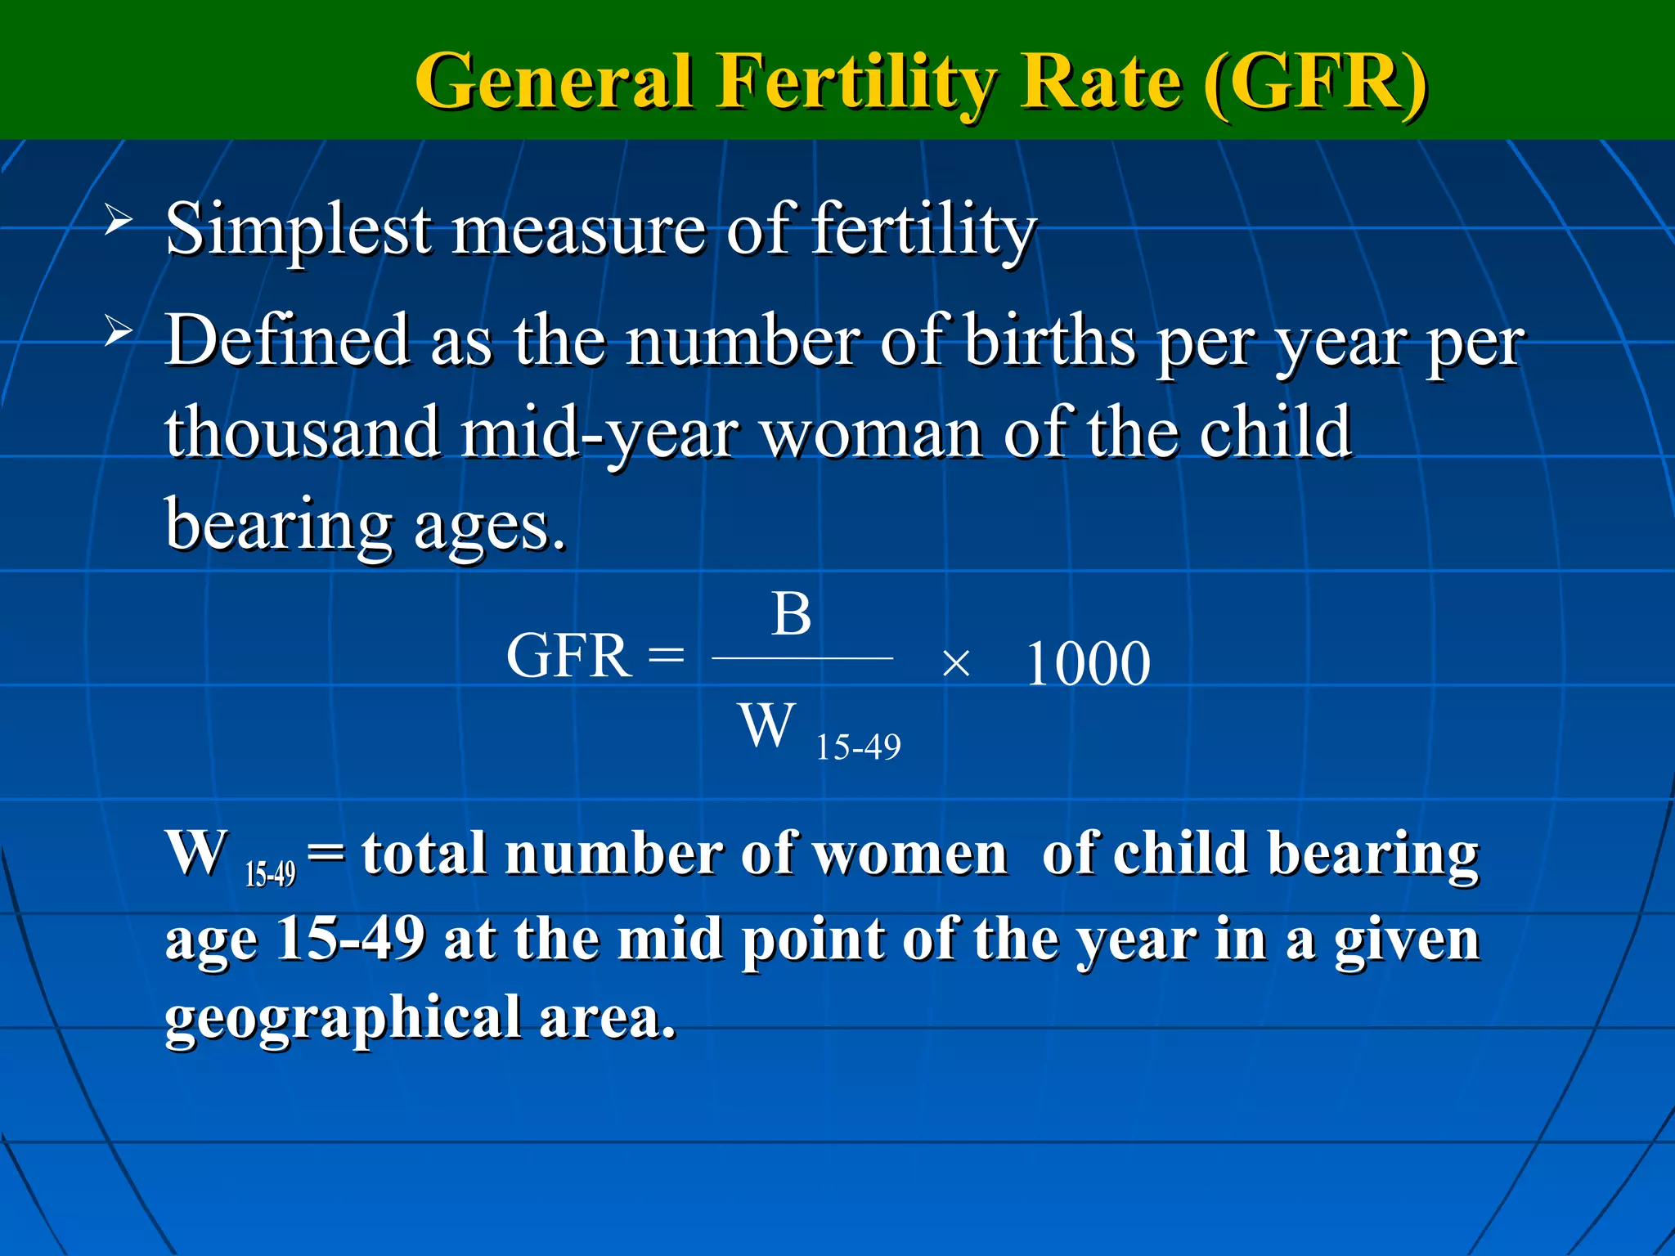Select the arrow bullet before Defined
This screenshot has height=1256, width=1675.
[118, 332]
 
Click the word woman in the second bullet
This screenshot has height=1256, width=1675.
[872, 433]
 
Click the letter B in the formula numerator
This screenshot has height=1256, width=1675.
[791, 614]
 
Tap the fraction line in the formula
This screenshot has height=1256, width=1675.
[802, 657]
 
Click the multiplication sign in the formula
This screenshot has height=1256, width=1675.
[954, 664]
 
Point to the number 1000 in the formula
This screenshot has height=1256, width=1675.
[1087, 663]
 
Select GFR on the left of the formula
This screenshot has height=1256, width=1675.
[569, 656]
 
